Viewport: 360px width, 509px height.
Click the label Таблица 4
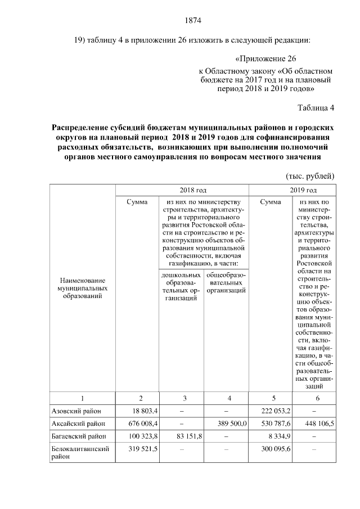[316, 108]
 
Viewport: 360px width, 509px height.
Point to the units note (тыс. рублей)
[310, 175]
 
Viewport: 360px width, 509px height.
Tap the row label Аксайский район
[77, 424]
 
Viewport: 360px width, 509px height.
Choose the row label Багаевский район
[79, 436]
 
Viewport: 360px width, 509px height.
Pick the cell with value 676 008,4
[133, 424]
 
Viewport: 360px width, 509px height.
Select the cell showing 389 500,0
[229, 424]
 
